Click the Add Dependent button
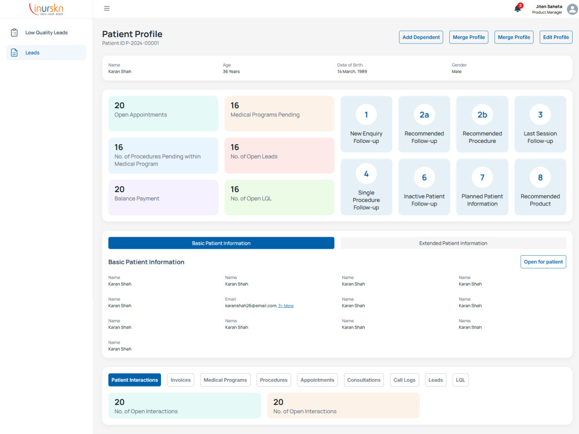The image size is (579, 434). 421,37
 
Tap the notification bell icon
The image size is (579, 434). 518,9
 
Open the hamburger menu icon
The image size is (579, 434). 107,9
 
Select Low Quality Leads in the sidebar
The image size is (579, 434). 46,32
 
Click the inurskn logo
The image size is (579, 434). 46,9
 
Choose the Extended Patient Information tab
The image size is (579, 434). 453,243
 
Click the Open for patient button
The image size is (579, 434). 543,262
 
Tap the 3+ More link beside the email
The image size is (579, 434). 286,306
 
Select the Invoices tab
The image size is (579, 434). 181,380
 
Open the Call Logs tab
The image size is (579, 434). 404,380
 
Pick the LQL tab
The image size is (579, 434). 460,380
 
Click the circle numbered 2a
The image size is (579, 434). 424,115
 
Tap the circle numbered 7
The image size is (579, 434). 482,178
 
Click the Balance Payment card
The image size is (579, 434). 163,197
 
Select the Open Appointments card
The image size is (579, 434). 163,113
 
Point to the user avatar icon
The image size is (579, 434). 573,9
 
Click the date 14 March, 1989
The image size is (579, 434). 352,72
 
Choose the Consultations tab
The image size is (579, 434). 364,380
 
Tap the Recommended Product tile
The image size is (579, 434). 540,187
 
